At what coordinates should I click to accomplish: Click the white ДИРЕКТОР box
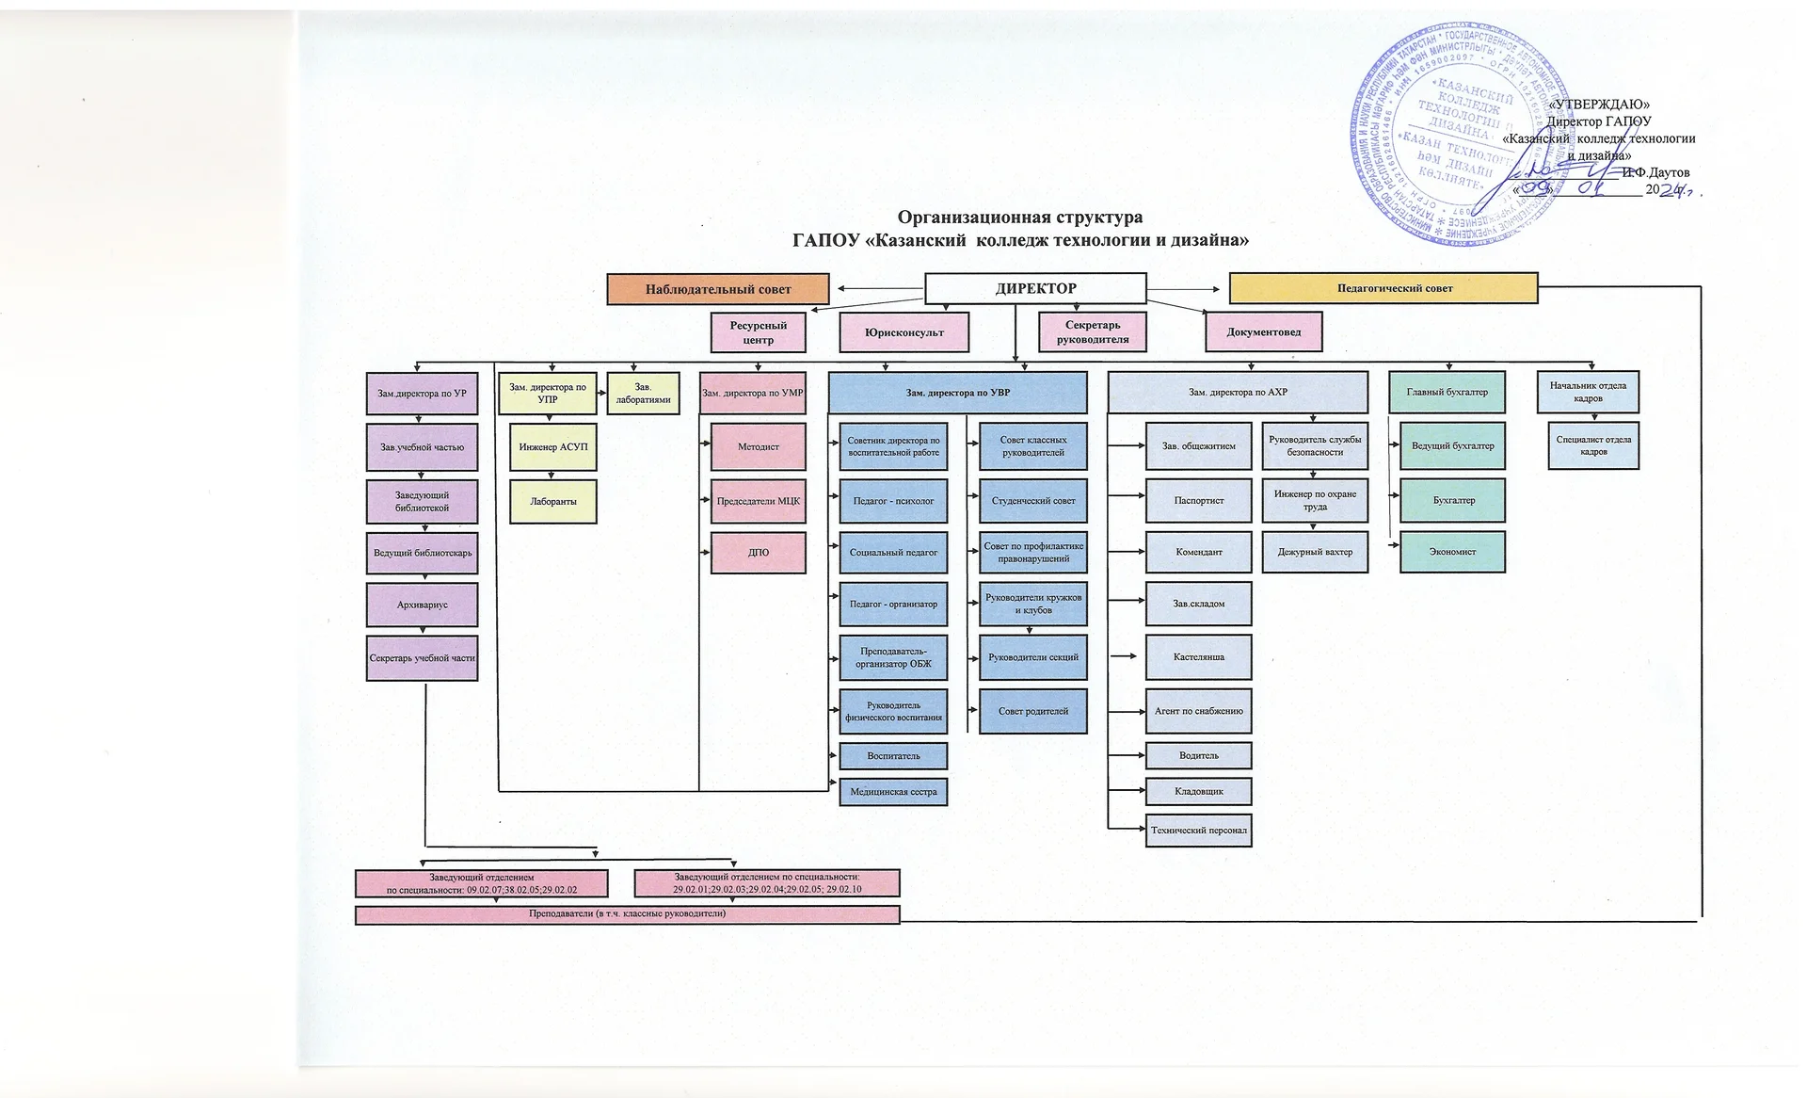(x=1035, y=288)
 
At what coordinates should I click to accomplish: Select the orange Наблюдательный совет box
(x=717, y=289)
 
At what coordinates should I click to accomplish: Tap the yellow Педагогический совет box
(x=1383, y=288)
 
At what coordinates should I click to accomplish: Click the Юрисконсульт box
(x=903, y=332)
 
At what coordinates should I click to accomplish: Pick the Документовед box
(x=1263, y=331)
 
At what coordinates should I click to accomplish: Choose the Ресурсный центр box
(x=758, y=332)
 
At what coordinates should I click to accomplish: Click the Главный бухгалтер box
(x=1447, y=392)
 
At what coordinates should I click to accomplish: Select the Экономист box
(x=1452, y=552)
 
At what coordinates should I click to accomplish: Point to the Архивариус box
(x=422, y=605)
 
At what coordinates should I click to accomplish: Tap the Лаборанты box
(x=552, y=502)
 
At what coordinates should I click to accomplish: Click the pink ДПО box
(x=758, y=553)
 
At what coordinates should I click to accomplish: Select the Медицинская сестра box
(x=893, y=792)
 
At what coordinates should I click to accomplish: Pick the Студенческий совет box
(x=1032, y=501)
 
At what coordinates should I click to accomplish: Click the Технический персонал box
(x=1198, y=831)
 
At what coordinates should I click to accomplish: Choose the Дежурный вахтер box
(x=1314, y=552)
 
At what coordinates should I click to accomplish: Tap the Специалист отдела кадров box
(x=1592, y=445)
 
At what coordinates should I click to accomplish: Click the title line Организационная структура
(x=1019, y=218)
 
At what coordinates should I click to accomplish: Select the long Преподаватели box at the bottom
(x=627, y=913)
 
